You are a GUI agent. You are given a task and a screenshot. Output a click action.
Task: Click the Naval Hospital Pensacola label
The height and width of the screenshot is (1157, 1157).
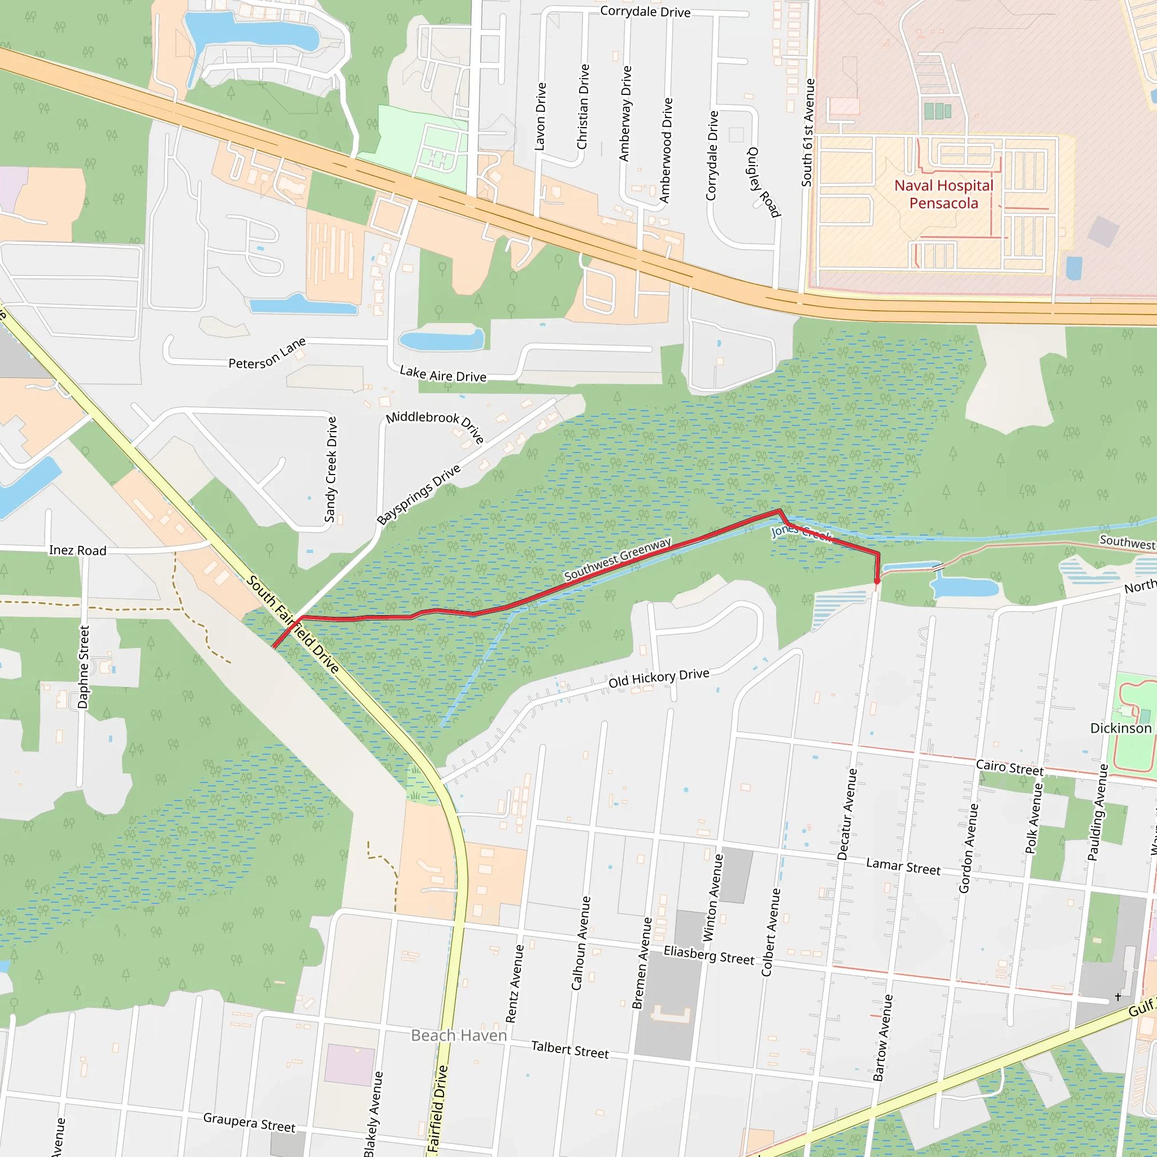[x=943, y=195]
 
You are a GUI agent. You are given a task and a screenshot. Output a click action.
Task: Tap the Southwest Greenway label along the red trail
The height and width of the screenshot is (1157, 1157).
[x=617, y=559]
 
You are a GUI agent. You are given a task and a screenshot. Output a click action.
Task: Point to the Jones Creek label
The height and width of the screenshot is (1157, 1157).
[x=801, y=531]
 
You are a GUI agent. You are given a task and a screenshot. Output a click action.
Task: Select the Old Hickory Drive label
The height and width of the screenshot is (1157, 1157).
[x=659, y=678]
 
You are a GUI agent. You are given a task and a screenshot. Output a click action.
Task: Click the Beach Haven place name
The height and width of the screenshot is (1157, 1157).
[x=459, y=1036]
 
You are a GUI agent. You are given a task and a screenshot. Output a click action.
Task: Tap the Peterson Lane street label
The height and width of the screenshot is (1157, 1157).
[x=267, y=353]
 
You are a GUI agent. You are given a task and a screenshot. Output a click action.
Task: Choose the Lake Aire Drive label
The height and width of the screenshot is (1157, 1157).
[x=443, y=375]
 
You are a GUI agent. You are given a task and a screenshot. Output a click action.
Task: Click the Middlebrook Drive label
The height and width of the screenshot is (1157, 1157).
[x=434, y=425]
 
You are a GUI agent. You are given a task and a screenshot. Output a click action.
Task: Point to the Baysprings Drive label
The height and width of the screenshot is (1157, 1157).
[x=419, y=495]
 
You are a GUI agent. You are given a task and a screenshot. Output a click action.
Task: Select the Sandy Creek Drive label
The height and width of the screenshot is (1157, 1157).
[x=330, y=469]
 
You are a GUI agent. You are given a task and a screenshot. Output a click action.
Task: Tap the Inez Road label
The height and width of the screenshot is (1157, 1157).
[x=78, y=550]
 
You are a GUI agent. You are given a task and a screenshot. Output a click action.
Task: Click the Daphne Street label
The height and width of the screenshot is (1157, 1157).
[x=84, y=667]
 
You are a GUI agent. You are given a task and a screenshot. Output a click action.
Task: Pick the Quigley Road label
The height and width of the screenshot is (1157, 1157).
[x=764, y=182]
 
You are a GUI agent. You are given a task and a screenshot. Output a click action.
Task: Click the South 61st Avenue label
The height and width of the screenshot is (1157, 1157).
[x=808, y=132]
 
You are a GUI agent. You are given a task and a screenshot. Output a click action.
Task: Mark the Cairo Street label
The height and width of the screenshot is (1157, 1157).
[x=1010, y=768]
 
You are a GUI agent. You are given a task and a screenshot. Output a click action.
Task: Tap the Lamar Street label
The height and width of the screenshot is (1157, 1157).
[x=903, y=867]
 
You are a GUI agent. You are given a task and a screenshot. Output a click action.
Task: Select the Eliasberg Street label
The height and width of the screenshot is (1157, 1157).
[x=709, y=955]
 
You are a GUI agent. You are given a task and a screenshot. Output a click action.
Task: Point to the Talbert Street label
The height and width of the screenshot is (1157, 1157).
[x=569, y=1050]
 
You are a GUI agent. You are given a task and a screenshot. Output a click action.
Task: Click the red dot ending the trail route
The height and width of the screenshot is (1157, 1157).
[x=877, y=581]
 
